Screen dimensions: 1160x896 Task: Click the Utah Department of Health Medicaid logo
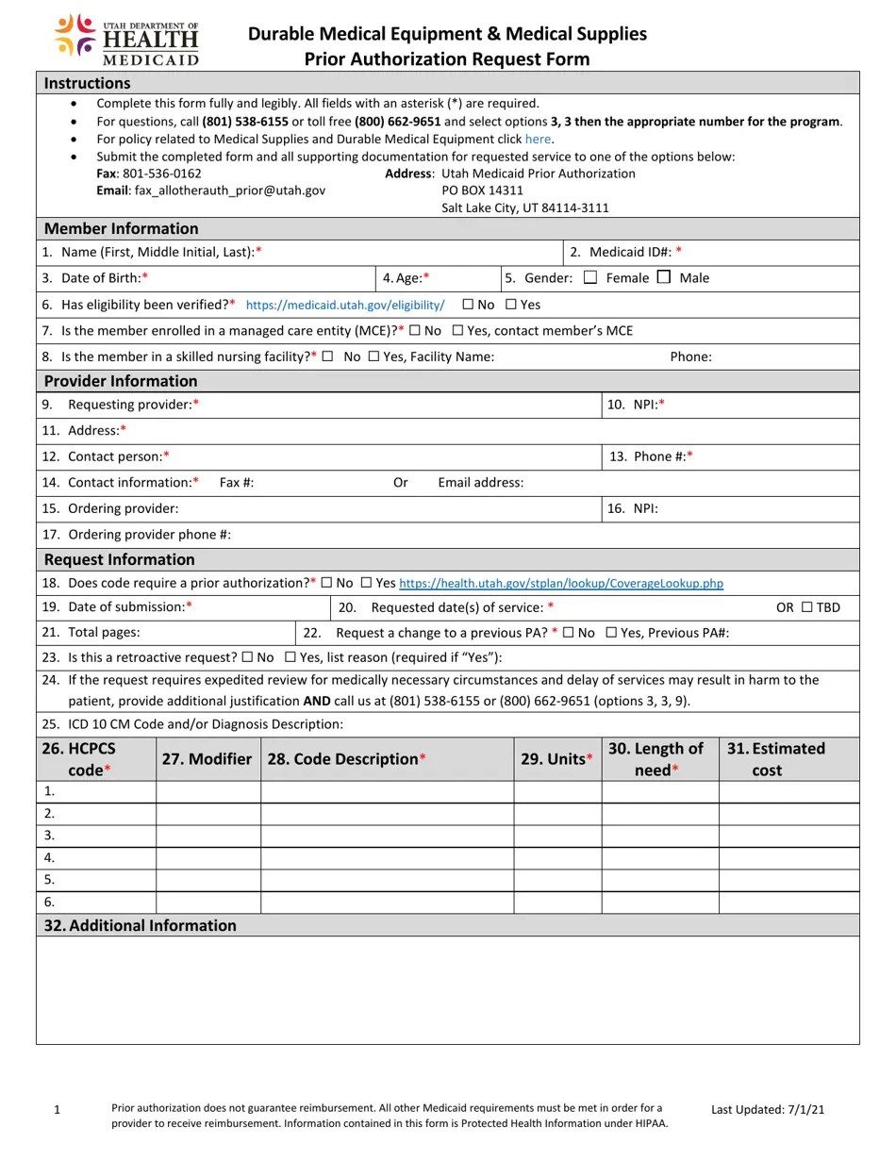tap(126, 40)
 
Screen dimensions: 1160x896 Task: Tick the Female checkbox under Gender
tap(590, 277)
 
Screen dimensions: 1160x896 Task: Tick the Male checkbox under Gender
tap(664, 277)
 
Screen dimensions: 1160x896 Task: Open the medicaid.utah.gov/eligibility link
tap(344, 305)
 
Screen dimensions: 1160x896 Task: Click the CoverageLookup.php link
tap(561, 583)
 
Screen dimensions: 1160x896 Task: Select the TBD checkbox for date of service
tap(806, 607)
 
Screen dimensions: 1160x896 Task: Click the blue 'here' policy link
tap(538, 139)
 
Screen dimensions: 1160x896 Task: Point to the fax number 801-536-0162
tap(162, 174)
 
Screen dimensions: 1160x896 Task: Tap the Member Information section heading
tap(121, 228)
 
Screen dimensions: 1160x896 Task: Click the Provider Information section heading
tap(121, 381)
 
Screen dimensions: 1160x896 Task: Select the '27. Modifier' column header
tap(207, 759)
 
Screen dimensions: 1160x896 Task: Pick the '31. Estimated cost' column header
tap(776, 759)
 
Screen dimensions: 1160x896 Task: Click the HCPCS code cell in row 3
tap(96, 836)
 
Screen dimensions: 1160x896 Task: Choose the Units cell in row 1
tap(557, 791)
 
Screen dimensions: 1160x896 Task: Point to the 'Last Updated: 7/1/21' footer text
tap(768, 1109)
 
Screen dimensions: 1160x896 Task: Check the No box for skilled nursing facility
tap(327, 356)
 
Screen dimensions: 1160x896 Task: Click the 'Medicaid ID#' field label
tap(630, 252)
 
